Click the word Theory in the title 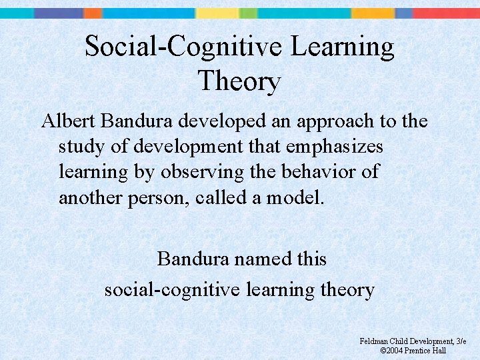click(239, 82)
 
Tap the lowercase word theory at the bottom click(349, 291)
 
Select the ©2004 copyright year click(392, 351)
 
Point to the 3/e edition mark click(460, 341)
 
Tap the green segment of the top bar click(248, 13)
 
